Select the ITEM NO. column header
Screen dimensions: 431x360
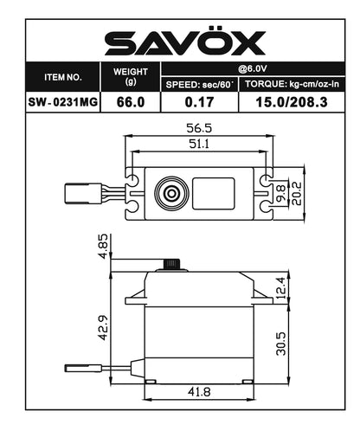tap(62, 77)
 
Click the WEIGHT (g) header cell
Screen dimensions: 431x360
tap(131, 76)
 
